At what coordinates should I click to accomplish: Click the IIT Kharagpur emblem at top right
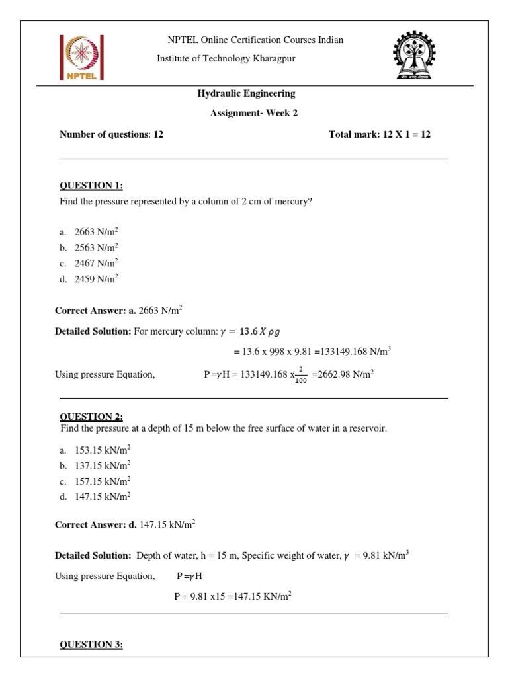point(415,57)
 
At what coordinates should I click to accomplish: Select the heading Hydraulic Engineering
point(247,94)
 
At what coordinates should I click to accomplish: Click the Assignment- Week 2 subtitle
point(254,113)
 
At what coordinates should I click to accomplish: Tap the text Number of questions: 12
point(111,134)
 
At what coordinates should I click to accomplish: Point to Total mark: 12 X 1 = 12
point(379,134)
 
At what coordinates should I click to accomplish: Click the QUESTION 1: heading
point(91,186)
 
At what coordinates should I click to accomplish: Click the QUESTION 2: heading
point(91,417)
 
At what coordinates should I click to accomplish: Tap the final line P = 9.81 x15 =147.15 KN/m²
point(233,596)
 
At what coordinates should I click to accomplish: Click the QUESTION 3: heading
point(91,645)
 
